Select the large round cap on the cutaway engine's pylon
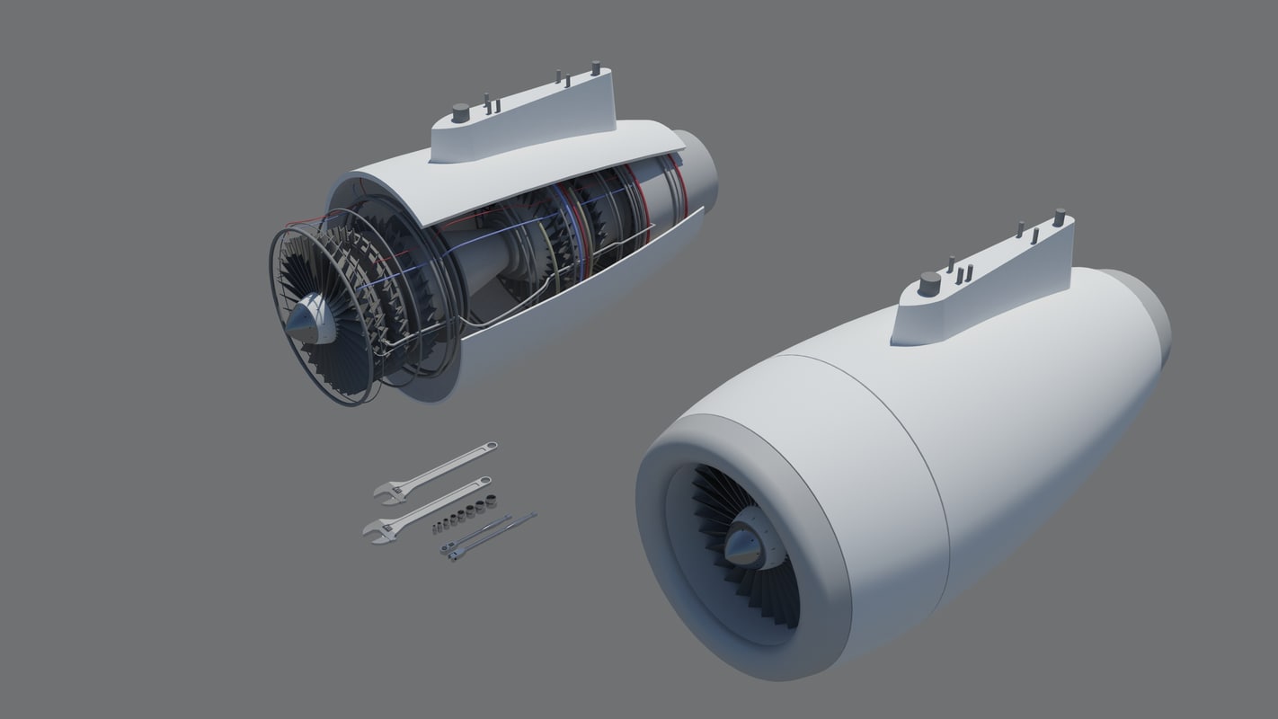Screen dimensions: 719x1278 point(460,112)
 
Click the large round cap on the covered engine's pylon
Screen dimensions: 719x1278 point(929,284)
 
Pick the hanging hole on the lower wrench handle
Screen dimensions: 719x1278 point(485,481)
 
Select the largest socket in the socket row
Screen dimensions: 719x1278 point(491,500)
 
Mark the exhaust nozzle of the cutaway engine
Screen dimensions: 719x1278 point(699,171)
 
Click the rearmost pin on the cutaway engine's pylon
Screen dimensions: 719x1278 point(595,67)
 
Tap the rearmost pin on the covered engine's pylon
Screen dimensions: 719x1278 point(1059,217)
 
